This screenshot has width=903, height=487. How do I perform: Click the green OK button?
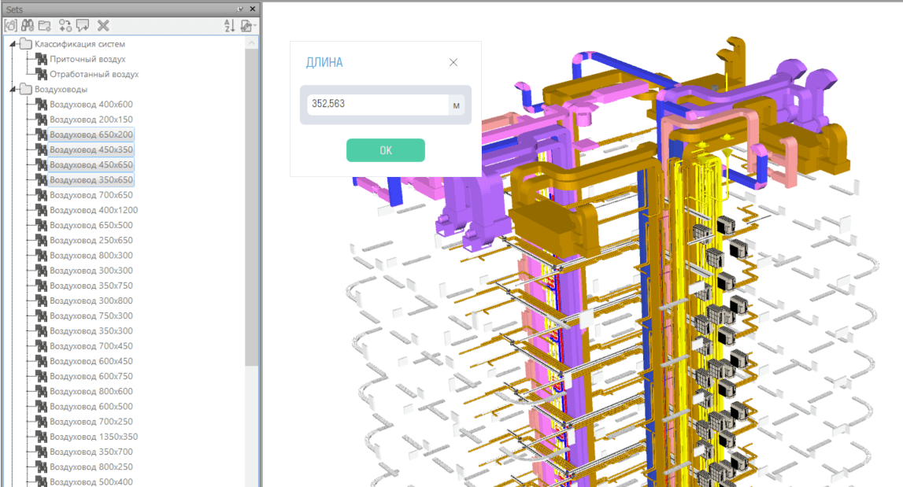385,150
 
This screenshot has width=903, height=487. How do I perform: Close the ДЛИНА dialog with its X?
453,63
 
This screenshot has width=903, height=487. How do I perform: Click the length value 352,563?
328,104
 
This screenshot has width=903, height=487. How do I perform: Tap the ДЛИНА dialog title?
324,63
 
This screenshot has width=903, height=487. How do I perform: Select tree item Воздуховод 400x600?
91,104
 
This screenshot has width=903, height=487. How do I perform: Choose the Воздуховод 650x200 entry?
91,134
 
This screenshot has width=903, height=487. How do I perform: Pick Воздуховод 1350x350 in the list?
94,437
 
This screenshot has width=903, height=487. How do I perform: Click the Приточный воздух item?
87,59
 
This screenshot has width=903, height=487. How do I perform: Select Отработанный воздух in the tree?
94,74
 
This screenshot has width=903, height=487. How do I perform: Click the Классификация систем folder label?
80,44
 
